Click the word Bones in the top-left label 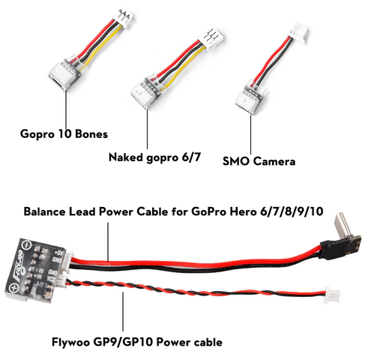point(91,133)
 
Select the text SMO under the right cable point(236,161)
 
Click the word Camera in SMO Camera point(274,161)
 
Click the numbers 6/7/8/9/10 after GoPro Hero point(292,211)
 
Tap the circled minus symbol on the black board point(26,244)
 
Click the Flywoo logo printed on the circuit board point(19,264)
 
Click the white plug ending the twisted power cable point(331,294)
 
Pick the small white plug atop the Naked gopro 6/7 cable point(212,37)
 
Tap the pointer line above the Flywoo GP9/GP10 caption point(123,311)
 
